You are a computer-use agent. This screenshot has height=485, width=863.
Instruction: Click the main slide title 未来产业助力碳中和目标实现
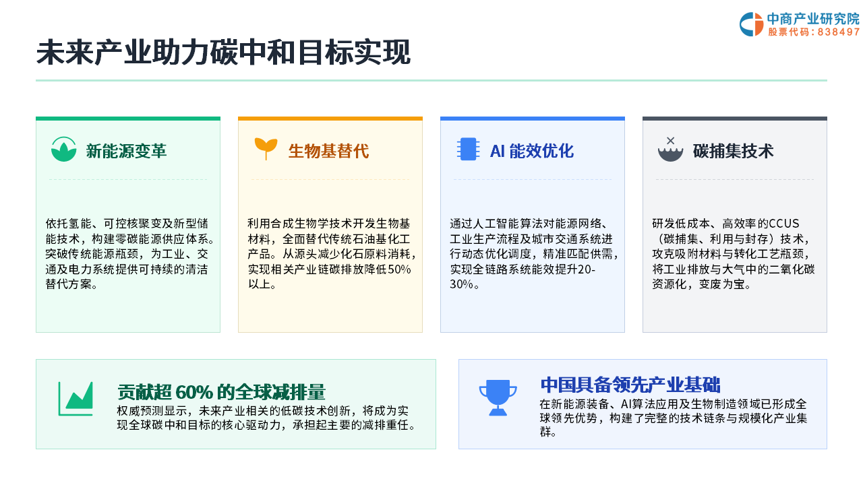tap(223, 53)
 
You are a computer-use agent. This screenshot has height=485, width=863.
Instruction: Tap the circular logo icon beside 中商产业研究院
tap(751, 24)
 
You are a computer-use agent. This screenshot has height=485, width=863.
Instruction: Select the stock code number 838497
tap(838, 32)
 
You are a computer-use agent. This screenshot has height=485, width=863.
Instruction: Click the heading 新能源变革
tap(126, 151)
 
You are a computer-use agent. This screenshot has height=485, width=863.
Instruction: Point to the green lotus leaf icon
tap(63, 150)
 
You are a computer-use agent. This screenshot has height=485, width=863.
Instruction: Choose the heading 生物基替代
tap(328, 151)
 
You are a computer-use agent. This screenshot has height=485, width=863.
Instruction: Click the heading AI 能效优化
tap(532, 151)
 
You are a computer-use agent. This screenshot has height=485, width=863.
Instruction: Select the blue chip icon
tap(468, 149)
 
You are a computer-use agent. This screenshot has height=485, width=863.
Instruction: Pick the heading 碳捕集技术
tap(733, 151)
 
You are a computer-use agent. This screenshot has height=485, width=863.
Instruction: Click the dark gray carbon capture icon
tap(670, 150)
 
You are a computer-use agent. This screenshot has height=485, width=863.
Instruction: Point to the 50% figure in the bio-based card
tap(399, 269)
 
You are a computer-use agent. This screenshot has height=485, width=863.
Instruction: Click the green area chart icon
tap(76, 399)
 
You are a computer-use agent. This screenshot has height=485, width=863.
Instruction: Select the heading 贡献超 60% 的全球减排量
tap(222, 392)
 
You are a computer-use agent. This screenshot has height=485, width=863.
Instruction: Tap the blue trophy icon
tap(498, 397)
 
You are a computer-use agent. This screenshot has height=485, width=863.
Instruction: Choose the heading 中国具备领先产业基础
tap(630, 384)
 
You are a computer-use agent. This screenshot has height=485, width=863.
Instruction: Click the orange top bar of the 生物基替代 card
tap(330, 119)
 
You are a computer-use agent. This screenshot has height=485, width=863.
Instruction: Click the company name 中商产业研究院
tap(813, 19)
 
